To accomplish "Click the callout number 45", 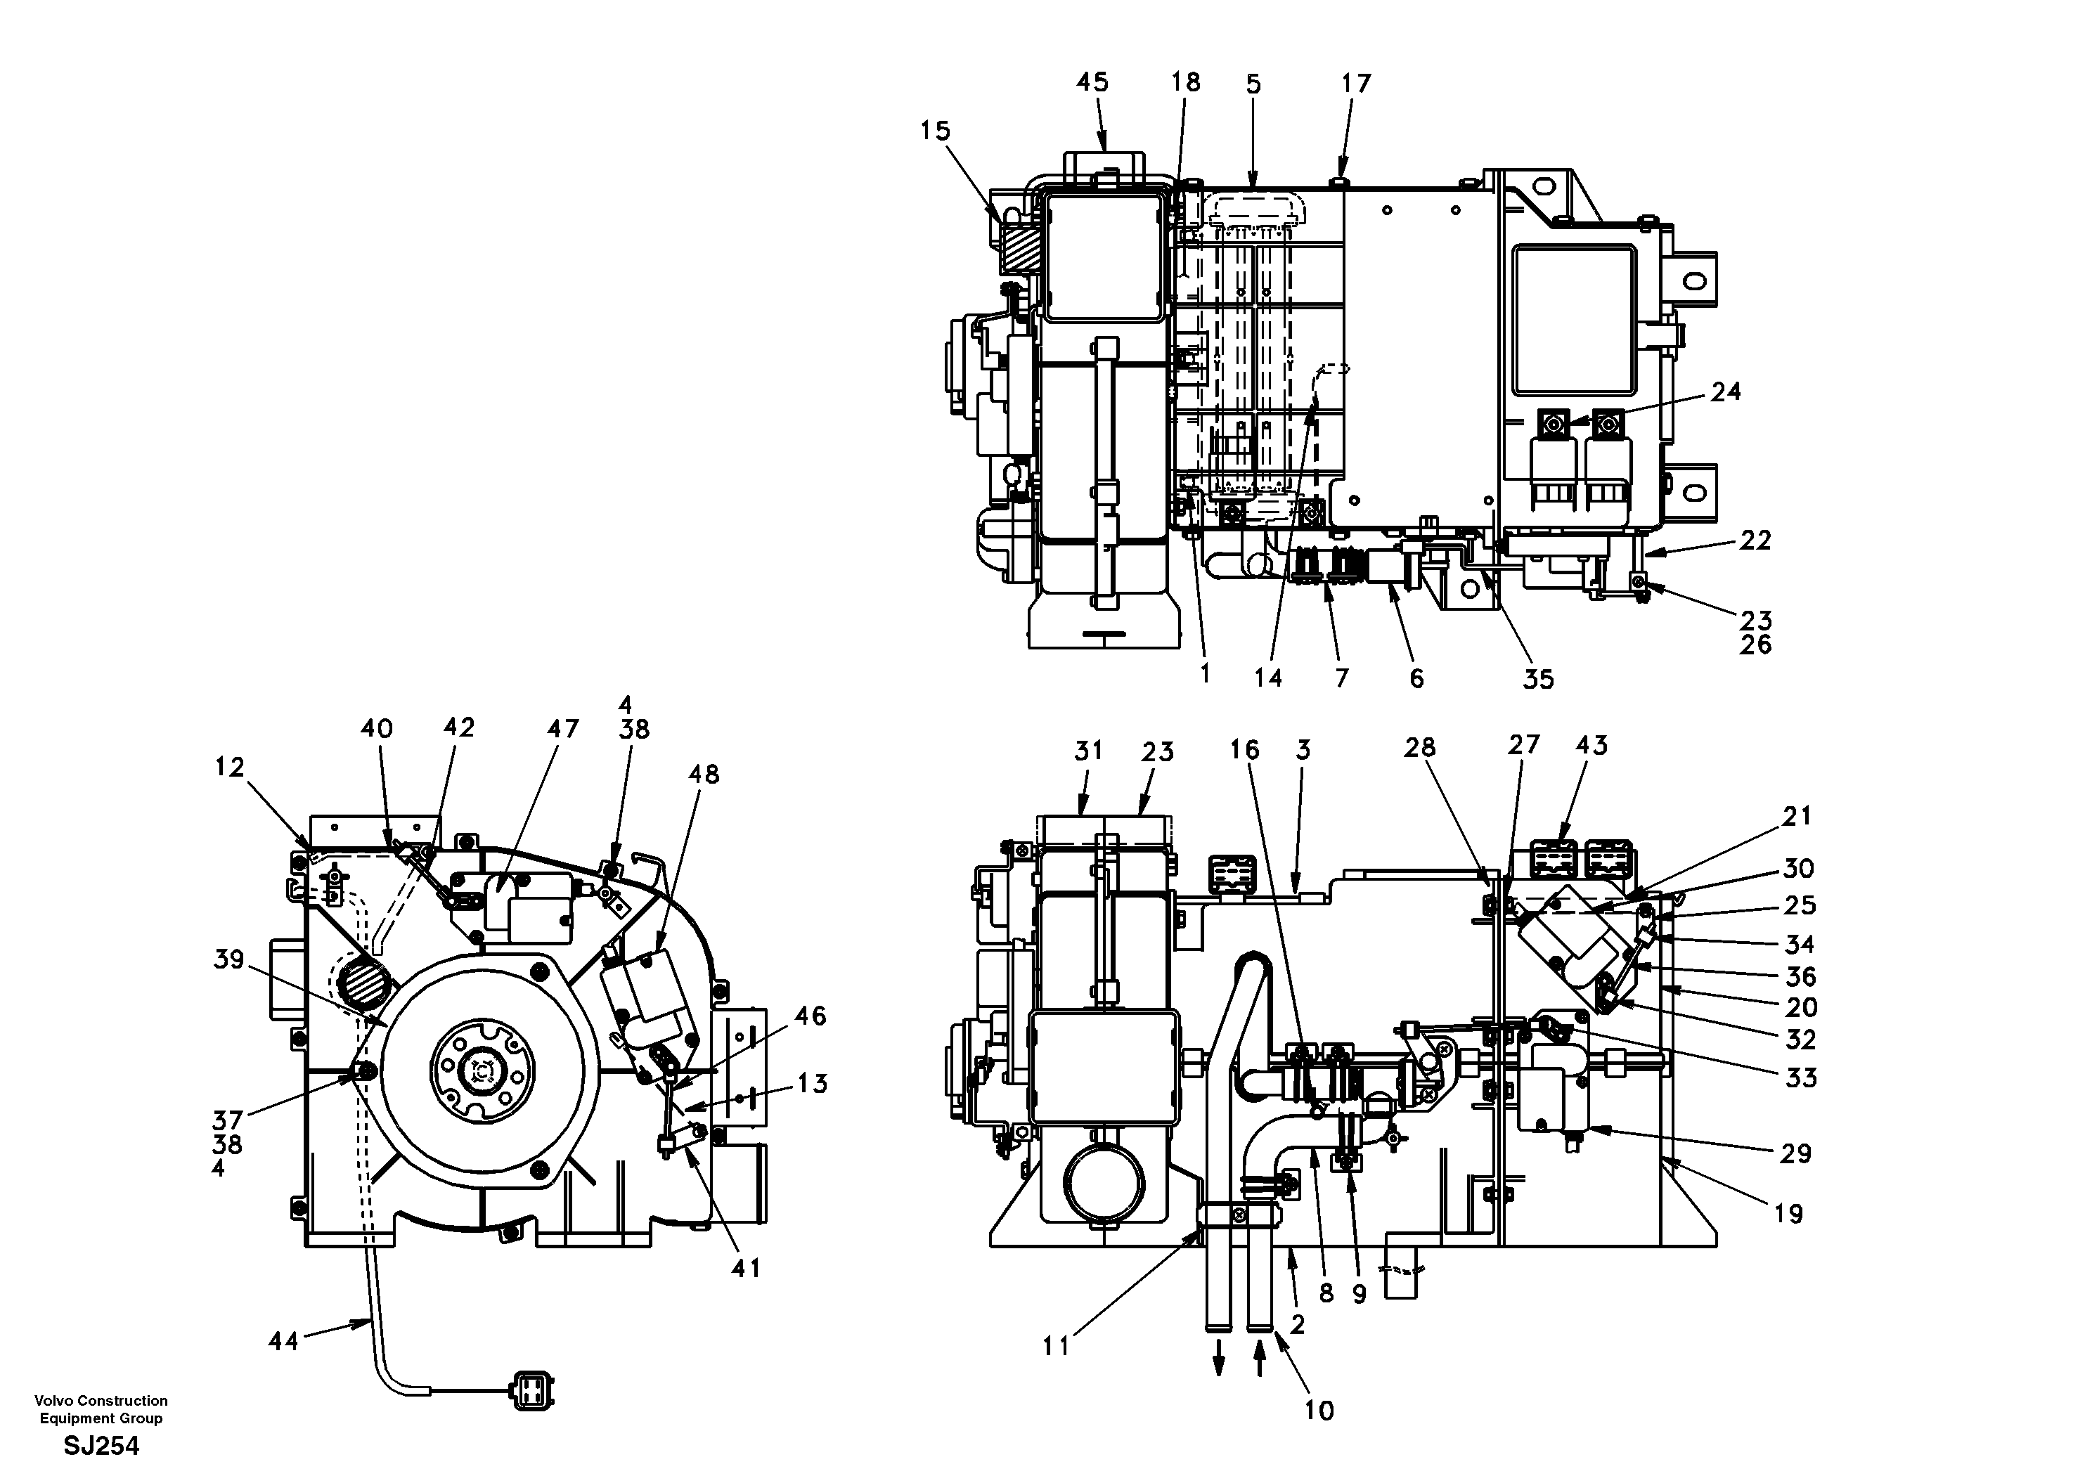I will (x=1092, y=83).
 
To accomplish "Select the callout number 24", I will (x=1726, y=391).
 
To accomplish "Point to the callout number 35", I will (x=1538, y=680).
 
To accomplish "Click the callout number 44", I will (x=283, y=1341).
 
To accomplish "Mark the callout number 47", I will (x=562, y=729).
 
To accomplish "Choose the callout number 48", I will (x=704, y=775).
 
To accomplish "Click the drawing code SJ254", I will (x=101, y=1446).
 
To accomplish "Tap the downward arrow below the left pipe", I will (x=1218, y=1366).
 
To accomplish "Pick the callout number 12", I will (x=230, y=768).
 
